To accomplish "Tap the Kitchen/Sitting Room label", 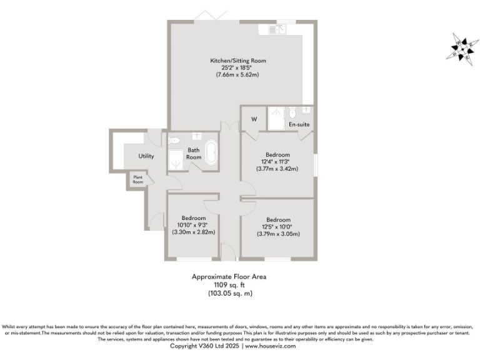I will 237,61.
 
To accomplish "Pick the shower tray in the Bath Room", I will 176,159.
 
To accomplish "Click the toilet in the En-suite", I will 291,112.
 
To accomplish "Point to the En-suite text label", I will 298,125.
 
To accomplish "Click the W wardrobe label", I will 254,119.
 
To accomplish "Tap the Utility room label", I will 146,156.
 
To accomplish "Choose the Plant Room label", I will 137,180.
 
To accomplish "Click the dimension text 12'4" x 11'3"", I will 277,162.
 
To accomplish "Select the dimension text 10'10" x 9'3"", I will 193,225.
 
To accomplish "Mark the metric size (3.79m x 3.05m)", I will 278,234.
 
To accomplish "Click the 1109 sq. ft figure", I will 232,284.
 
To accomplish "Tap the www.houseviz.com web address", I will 269,346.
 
